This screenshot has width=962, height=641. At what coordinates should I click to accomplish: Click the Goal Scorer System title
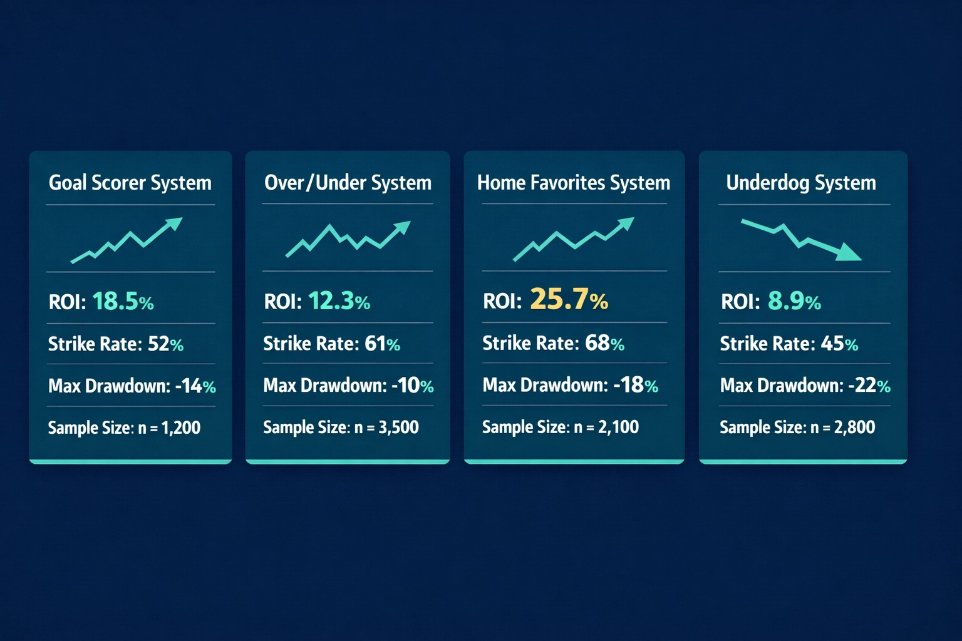[x=130, y=183]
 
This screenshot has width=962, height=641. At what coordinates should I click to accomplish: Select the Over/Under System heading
[x=348, y=183]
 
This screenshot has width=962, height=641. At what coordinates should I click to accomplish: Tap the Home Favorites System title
[x=574, y=183]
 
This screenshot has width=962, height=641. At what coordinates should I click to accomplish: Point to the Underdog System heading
[x=801, y=183]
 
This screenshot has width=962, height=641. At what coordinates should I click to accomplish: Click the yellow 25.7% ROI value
[x=569, y=299]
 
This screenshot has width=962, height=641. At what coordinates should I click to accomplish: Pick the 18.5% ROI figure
[x=123, y=302]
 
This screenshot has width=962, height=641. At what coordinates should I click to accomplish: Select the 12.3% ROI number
[x=339, y=302]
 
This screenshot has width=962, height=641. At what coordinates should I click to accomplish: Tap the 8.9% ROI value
[x=794, y=302]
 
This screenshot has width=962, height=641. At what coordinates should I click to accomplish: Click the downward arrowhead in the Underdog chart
[x=850, y=253]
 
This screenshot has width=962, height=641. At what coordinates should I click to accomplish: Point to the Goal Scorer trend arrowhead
[x=174, y=223]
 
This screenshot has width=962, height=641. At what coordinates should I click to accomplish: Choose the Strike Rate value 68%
[x=604, y=343]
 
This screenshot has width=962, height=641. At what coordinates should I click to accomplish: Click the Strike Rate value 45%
[x=839, y=344]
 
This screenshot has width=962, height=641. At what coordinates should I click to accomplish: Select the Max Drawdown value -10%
[x=413, y=385]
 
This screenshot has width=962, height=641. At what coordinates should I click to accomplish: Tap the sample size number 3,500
[x=398, y=428]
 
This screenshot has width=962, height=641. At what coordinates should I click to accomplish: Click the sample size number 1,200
[x=181, y=428]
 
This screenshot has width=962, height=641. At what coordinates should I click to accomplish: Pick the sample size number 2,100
[x=618, y=428]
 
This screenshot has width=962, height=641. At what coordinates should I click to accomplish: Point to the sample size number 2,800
[x=854, y=428]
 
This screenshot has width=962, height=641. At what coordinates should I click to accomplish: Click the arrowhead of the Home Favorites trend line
[x=626, y=223]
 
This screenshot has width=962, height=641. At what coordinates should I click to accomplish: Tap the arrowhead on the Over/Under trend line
[x=403, y=227]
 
